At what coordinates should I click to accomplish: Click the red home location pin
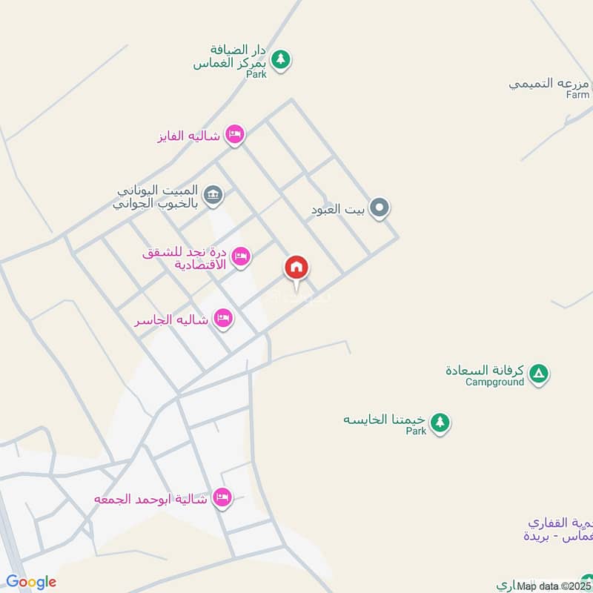pos(296,268)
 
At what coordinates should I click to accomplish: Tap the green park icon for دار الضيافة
pos(280,59)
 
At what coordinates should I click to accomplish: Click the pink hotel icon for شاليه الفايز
pos(234,134)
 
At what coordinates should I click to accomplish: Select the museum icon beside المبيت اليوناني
pos(213,195)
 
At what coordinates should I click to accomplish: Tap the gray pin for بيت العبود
pos(380,208)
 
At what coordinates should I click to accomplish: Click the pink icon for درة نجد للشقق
pos(241,256)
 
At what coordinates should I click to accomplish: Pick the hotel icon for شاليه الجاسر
pos(222,319)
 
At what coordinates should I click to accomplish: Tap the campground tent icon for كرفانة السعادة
pos(539,374)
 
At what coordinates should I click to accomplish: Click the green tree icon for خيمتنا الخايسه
pos(440,423)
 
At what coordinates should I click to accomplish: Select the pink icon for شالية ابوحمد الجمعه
pos(221,497)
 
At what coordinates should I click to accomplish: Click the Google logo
pos(31,582)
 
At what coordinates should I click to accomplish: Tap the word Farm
pos(577,95)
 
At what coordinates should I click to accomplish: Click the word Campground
pos(494,382)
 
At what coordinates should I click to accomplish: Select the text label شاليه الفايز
pos(189,137)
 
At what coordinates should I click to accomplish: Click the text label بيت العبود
pos(338,210)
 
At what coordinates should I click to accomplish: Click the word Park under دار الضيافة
pos(256,75)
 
